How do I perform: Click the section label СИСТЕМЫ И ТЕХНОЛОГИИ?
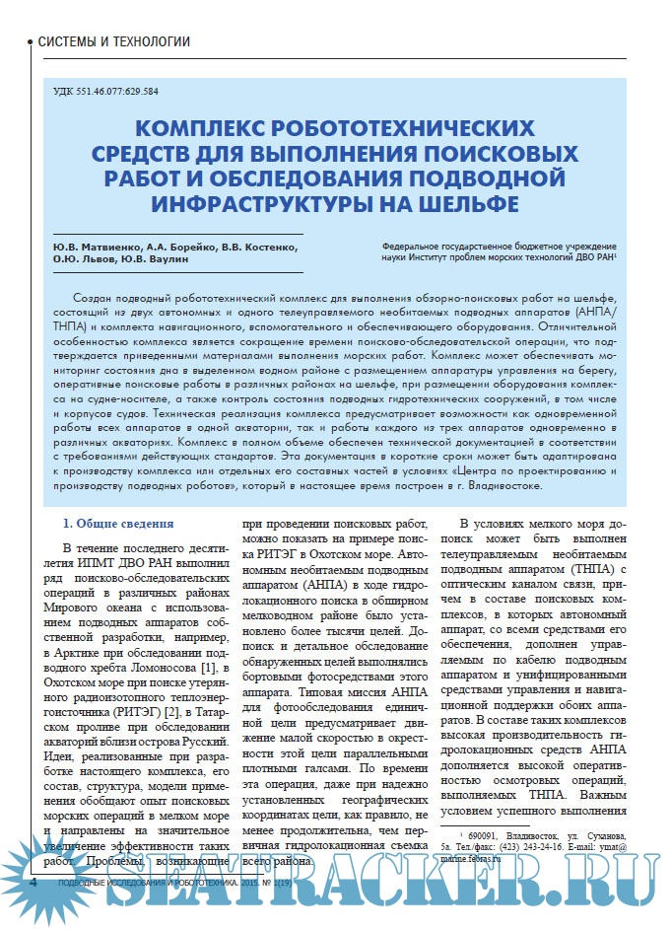113,42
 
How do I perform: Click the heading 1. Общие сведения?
118,523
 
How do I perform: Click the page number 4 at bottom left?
33,882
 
